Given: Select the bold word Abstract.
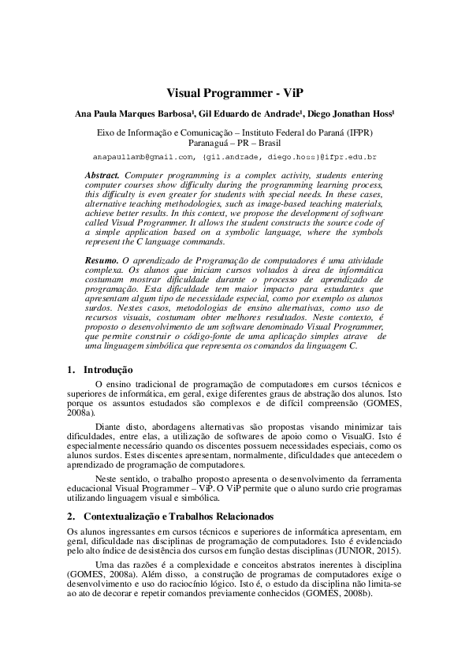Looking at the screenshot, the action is pyautogui.click(x=103, y=173).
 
